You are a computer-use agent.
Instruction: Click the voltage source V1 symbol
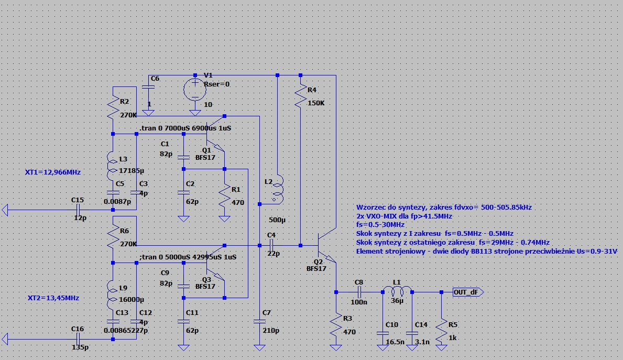tap(195, 90)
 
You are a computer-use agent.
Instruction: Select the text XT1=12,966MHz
tap(53, 172)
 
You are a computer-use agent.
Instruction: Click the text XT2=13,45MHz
tap(53, 298)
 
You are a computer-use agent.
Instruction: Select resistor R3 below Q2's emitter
tap(336, 325)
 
